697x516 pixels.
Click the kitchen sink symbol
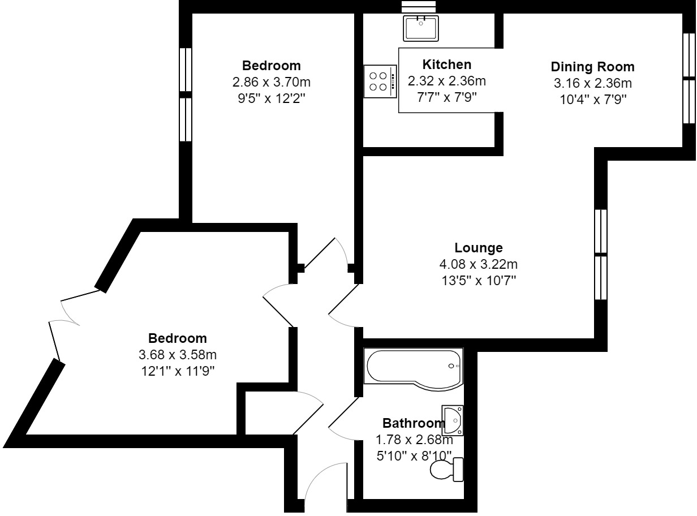pyautogui.click(x=420, y=28)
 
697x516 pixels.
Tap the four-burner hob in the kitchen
pyautogui.click(x=380, y=81)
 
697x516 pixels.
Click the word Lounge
pyautogui.click(x=478, y=248)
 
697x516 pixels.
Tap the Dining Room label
pyautogui.click(x=592, y=67)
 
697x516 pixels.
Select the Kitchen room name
pyautogui.click(x=446, y=64)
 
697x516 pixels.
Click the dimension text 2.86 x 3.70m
pyautogui.click(x=272, y=82)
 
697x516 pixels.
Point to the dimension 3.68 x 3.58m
pyautogui.click(x=178, y=355)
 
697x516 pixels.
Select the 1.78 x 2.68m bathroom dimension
pyautogui.click(x=414, y=440)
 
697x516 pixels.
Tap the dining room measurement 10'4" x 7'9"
pyautogui.click(x=592, y=99)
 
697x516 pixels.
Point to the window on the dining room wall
pyautogui.click(x=689, y=78)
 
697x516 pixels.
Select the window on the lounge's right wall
pyautogui.click(x=601, y=255)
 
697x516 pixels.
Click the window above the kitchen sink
pyautogui.click(x=419, y=6)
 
